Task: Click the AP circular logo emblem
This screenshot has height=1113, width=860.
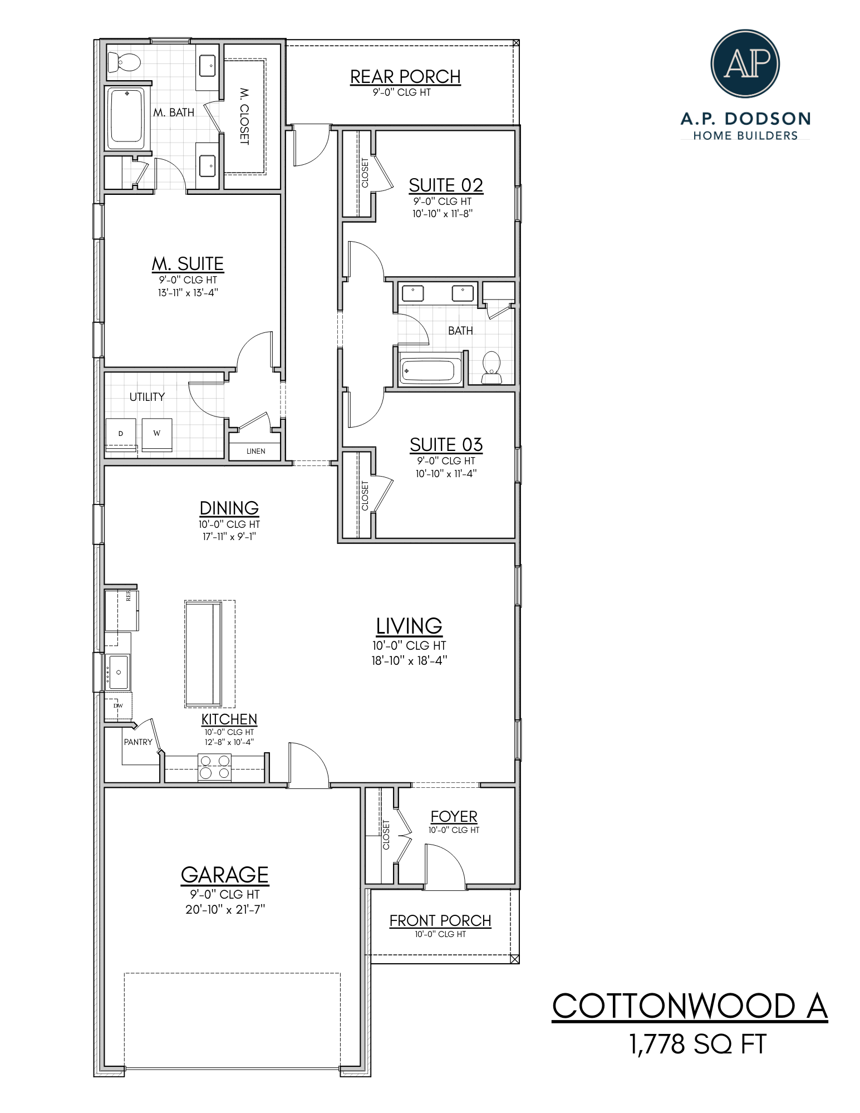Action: [745, 63]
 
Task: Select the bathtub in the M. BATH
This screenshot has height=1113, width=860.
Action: [127, 117]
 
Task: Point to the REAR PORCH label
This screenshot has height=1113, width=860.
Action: [405, 76]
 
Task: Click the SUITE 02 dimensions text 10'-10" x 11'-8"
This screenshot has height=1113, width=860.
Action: [442, 214]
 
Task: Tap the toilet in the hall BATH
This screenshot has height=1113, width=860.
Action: [491, 368]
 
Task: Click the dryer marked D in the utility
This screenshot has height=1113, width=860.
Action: [121, 434]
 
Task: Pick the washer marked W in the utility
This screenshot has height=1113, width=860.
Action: [157, 434]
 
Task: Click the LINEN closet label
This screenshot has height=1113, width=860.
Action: [255, 451]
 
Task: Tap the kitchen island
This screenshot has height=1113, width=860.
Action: [204, 653]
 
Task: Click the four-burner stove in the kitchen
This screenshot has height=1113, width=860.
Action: [215, 767]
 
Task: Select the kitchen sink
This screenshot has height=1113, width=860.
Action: [118, 672]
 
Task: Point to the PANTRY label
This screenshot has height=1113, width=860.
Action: [138, 742]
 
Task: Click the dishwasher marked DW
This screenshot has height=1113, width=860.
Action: [117, 706]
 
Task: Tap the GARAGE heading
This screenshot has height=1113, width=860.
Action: [224, 875]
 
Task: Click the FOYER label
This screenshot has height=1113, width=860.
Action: [454, 816]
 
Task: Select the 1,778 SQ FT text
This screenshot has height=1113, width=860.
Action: [697, 1044]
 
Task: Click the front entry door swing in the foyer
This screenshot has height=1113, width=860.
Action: [444, 865]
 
